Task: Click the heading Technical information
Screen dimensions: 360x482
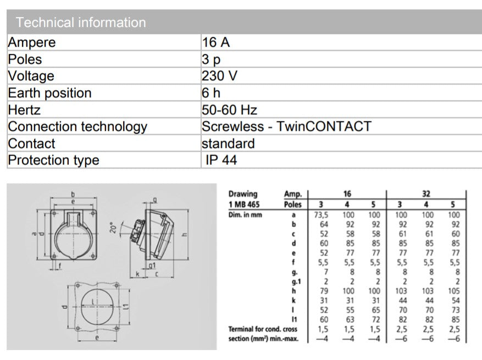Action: point(81,23)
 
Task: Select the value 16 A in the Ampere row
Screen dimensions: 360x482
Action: point(215,42)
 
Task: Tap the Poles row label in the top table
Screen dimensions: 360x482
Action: point(25,59)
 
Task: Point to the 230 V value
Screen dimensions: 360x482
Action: point(219,76)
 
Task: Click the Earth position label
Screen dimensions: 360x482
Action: point(49,93)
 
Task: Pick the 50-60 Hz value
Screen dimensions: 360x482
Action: point(229,110)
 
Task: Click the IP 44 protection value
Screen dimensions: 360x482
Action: point(221,160)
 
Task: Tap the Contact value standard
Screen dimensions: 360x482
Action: point(228,143)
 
